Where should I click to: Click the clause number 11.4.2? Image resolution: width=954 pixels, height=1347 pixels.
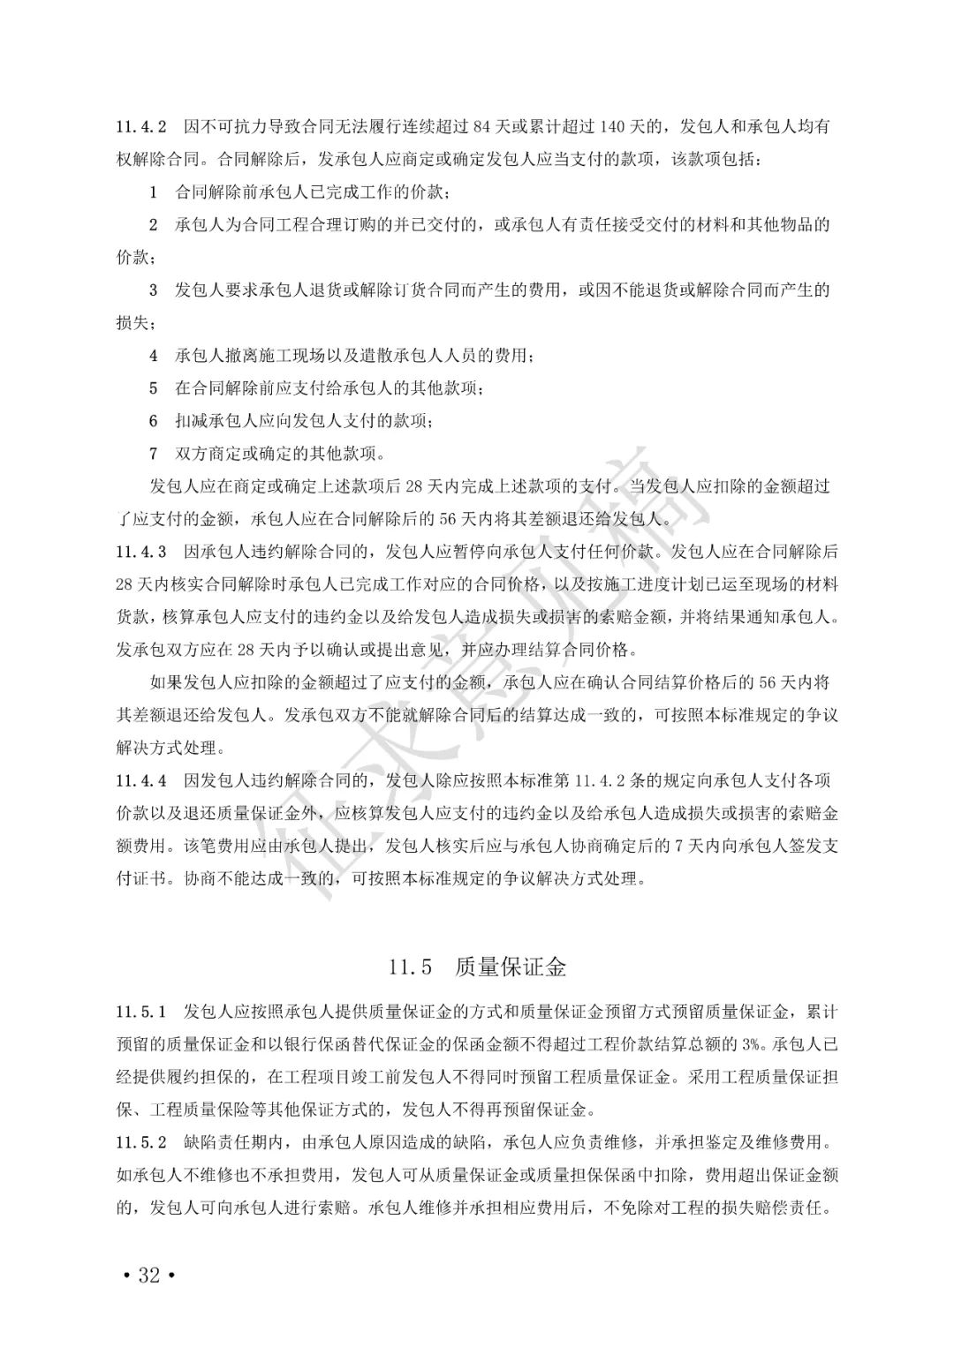tap(141, 126)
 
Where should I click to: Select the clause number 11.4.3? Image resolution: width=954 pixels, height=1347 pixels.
tap(141, 552)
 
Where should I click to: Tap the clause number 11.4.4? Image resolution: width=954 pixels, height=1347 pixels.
tap(141, 780)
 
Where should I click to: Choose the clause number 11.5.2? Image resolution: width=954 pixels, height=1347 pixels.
tap(141, 1142)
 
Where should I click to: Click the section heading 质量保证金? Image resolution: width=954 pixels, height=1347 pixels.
tap(511, 967)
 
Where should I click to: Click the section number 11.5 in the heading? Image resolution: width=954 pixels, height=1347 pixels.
tap(410, 967)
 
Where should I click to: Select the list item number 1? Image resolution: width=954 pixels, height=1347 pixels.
tap(153, 192)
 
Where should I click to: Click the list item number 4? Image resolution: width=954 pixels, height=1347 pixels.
tap(153, 356)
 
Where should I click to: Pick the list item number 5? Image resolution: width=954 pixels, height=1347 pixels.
tap(153, 388)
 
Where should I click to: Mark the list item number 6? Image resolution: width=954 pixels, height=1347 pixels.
tap(153, 421)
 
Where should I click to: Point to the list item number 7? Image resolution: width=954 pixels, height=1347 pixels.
tap(153, 454)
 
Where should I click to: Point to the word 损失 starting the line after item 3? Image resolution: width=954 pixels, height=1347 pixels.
tap(132, 323)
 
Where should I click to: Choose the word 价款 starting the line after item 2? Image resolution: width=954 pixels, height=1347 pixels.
tap(132, 257)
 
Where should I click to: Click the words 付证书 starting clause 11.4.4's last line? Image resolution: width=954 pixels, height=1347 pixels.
tap(142, 879)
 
